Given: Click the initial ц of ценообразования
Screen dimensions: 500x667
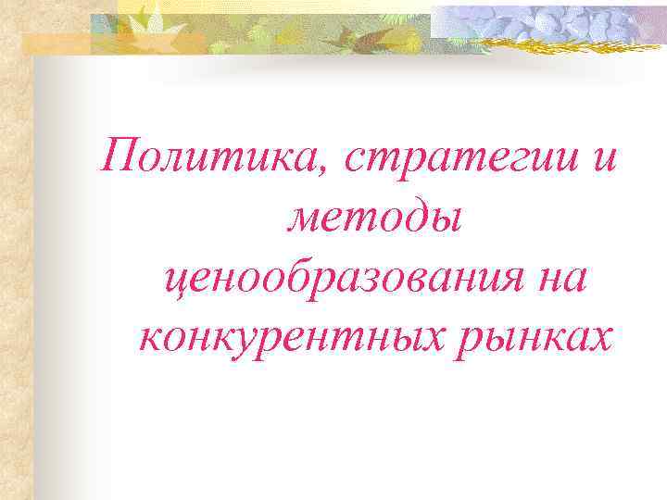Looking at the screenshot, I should [x=170, y=281].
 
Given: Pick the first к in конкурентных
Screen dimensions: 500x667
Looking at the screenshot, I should [x=149, y=341].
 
